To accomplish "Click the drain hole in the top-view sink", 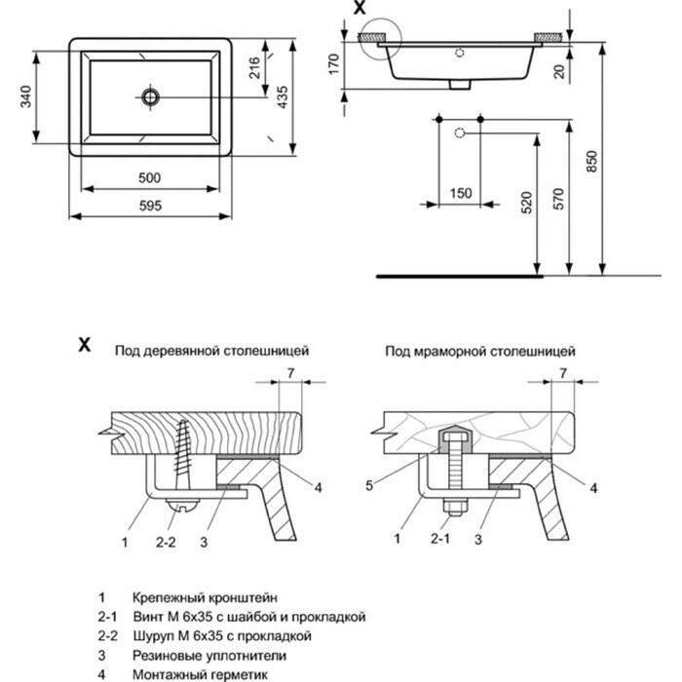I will click(x=150, y=95).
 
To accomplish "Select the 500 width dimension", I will click(x=150, y=176).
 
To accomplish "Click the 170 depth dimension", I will click(x=333, y=65).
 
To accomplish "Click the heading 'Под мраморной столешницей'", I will click(x=478, y=347).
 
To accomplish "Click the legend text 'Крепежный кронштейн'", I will click(x=204, y=595).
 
